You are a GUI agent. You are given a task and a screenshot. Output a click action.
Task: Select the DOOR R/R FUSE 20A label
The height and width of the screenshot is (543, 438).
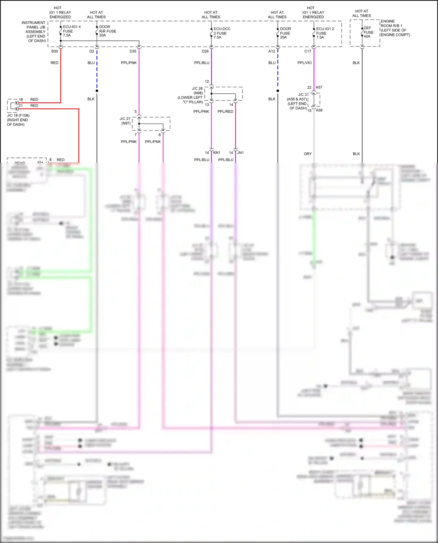(x=107, y=31)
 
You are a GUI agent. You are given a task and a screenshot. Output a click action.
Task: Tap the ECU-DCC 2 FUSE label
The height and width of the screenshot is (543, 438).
(x=222, y=33)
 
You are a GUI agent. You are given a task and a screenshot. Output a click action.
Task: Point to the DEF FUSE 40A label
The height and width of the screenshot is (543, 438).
(x=368, y=32)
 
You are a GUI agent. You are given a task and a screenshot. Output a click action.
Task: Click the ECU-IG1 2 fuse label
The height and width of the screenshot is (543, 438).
(x=325, y=33)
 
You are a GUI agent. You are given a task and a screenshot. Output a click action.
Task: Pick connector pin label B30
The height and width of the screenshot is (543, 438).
(x=55, y=51)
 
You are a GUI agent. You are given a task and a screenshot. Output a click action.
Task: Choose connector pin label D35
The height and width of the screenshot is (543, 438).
(x=133, y=51)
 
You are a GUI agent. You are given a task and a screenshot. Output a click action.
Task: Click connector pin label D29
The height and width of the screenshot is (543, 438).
(x=205, y=51)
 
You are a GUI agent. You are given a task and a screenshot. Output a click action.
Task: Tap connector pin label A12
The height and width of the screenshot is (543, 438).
(x=272, y=51)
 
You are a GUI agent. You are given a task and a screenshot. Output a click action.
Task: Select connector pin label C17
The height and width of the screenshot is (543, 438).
(x=308, y=51)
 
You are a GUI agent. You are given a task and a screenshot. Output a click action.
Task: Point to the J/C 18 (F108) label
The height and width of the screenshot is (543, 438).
(x=18, y=120)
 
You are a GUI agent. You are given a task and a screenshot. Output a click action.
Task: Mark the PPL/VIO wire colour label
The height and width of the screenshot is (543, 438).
(x=305, y=63)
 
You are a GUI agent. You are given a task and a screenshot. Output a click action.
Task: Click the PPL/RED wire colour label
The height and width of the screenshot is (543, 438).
(x=225, y=111)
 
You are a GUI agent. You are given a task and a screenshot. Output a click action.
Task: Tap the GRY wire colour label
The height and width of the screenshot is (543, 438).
(x=308, y=154)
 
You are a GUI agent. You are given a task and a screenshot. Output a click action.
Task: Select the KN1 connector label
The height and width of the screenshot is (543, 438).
(x=217, y=153)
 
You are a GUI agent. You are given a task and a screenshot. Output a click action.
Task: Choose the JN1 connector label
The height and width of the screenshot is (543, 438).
(x=240, y=153)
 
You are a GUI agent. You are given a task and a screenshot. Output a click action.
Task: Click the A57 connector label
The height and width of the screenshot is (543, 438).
(x=319, y=87)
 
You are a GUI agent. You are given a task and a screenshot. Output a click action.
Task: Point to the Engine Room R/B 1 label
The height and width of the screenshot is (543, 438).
(x=395, y=28)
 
